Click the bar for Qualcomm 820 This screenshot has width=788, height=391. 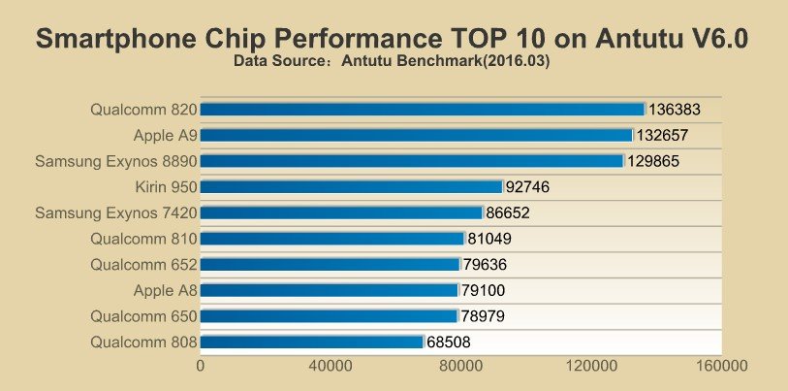pos(423,110)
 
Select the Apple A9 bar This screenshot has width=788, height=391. pos(417,136)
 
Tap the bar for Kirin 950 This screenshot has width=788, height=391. pos(352,186)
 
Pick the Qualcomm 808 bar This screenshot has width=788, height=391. pos(312,342)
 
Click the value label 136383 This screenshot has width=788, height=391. pos(674,110)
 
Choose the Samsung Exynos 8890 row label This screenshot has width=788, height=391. pos(116,161)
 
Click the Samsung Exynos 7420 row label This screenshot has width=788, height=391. pos(116,212)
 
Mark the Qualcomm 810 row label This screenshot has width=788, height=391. pos(143,239)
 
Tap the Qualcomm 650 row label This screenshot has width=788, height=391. pos(143,315)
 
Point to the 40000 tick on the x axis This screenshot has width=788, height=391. pos(331,367)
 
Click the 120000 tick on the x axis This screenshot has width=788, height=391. pos(591,367)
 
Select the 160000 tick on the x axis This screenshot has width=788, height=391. pos(721,367)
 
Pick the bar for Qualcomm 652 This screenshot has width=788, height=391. pos(330,264)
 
